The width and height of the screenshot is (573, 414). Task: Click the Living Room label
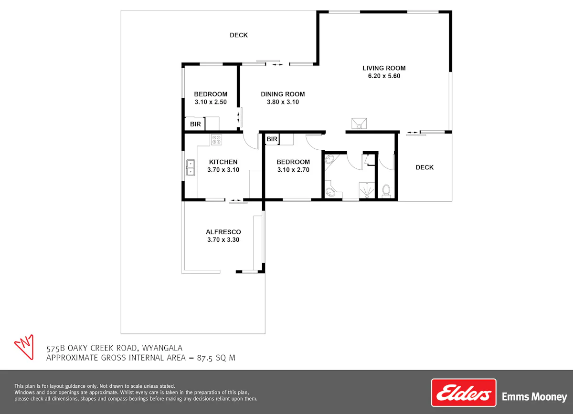(x=384, y=68)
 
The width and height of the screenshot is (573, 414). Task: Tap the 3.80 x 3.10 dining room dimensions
(x=283, y=102)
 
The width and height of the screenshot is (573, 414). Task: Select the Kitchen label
(x=223, y=162)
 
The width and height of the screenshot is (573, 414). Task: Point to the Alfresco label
(x=223, y=232)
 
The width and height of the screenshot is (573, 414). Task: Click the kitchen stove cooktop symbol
(x=216, y=140)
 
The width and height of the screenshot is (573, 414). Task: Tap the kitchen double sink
(x=191, y=167)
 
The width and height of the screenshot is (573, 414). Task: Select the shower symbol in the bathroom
(x=367, y=190)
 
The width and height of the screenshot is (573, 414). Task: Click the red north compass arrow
(x=24, y=347)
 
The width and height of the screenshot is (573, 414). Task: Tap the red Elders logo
(x=464, y=393)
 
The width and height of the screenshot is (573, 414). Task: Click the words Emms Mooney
(x=534, y=397)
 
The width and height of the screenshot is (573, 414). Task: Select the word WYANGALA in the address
(x=162, y=348)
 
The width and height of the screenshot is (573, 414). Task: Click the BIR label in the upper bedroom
(x=195, y=124)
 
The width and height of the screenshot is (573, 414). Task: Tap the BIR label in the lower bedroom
(x=272, y=139)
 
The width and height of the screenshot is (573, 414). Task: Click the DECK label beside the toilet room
(x=424, y=167)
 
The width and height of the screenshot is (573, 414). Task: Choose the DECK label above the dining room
(x=239, y=35)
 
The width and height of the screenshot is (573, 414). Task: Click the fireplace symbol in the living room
(x=359, y=124)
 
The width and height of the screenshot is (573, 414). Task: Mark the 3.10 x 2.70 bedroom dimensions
(x=293, y=170)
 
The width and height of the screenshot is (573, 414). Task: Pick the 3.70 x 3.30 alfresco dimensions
(x=223, y=240)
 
